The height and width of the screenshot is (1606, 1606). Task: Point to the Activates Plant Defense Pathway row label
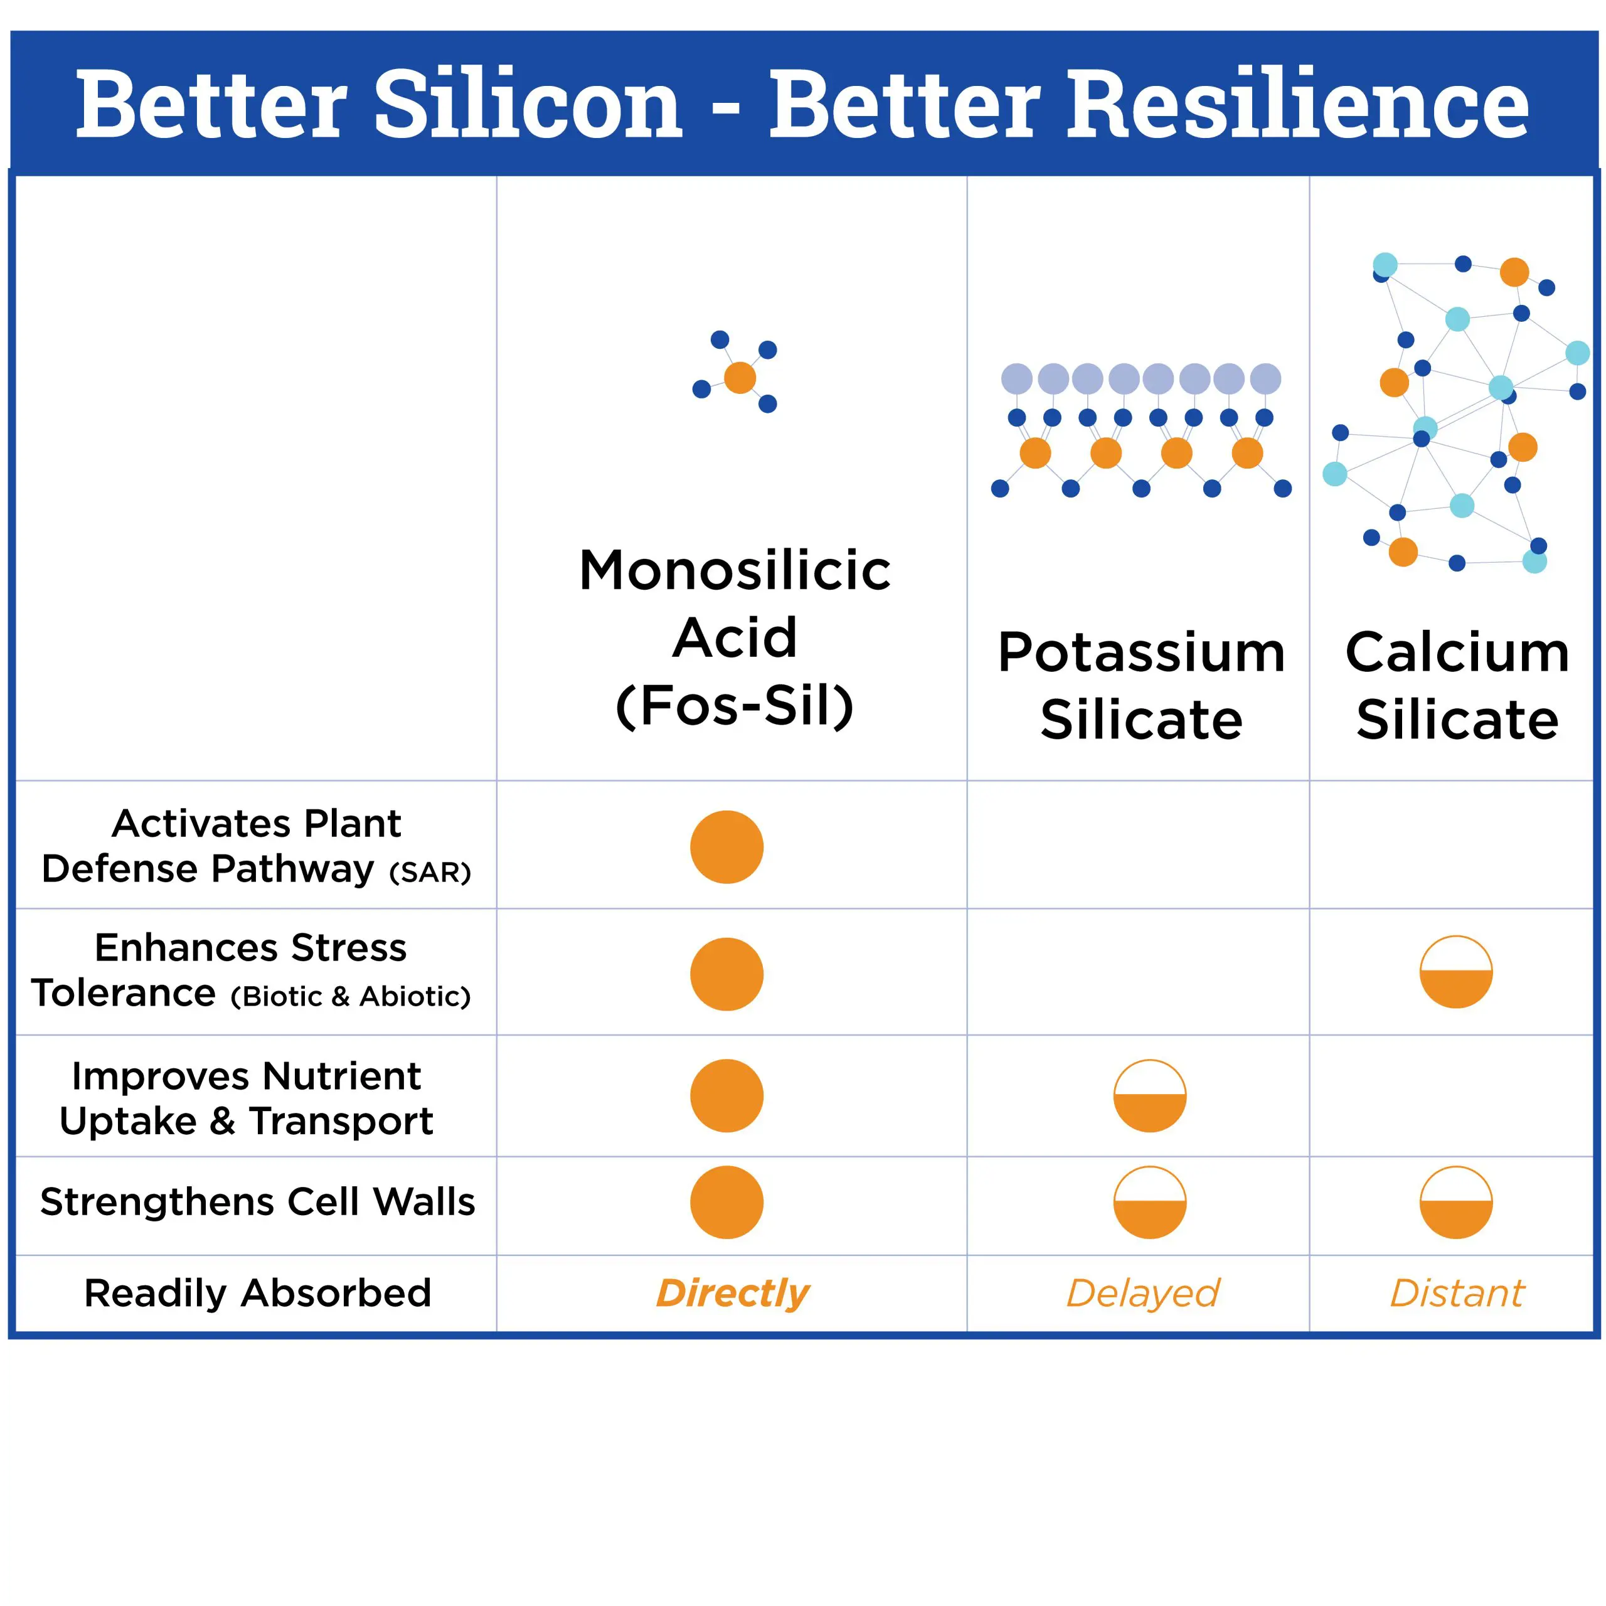256,846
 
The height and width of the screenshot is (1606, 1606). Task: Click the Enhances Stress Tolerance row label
251,970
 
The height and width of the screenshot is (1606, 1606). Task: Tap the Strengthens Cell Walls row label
258,1202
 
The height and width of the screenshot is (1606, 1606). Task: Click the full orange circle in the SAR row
726,847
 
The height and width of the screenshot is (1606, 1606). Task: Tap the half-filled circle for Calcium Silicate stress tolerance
1456,989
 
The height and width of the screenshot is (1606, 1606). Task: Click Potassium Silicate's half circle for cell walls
1150,1220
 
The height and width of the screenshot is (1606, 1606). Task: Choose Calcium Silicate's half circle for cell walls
1456,1220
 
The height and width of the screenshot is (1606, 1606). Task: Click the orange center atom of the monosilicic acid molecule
740,378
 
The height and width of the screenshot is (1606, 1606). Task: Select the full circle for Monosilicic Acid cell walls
726,1203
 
